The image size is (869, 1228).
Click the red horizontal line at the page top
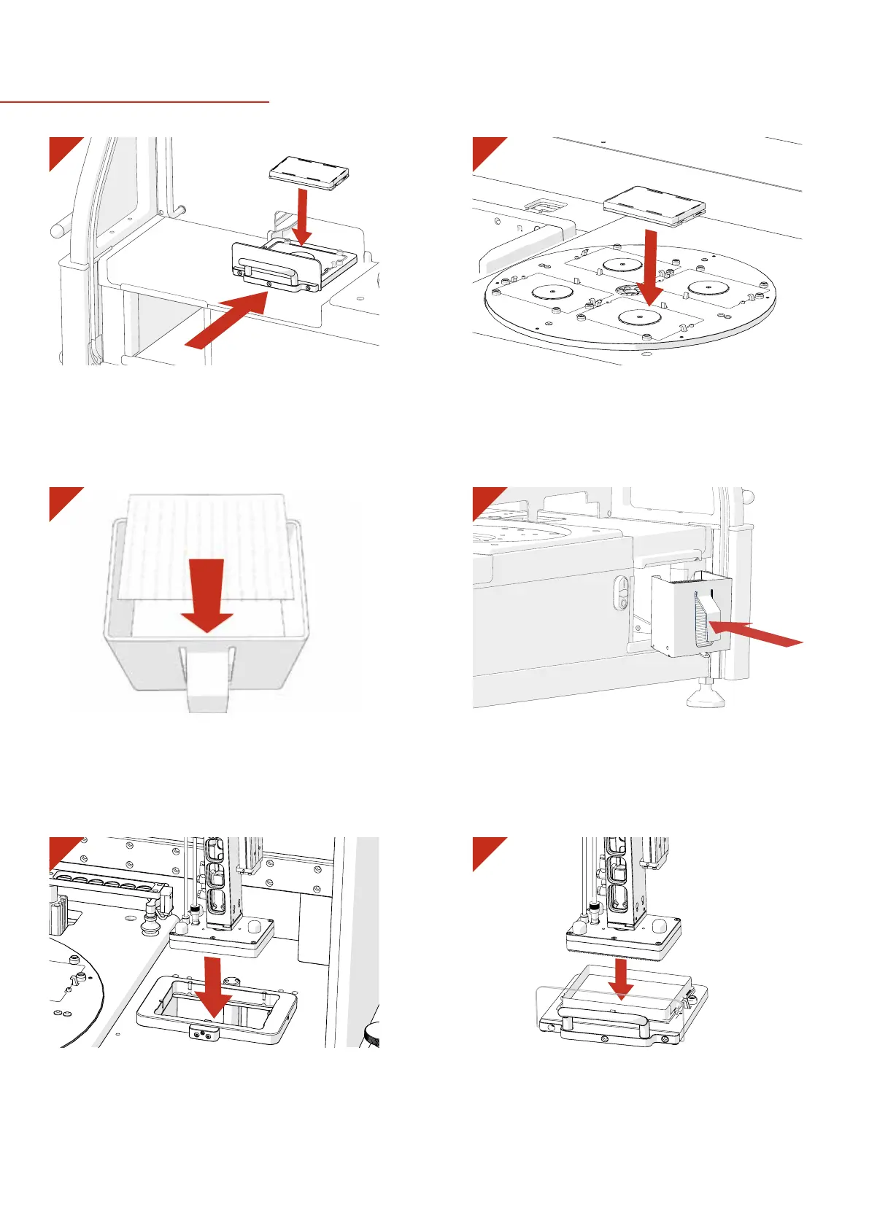point(135,102)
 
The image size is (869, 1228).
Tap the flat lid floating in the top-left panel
point(309,174)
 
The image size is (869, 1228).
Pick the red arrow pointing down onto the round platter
point(648,267)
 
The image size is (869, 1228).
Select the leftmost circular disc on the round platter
point(552,292)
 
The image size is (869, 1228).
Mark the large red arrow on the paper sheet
point(207,594)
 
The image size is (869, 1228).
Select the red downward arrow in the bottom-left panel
point(213,989)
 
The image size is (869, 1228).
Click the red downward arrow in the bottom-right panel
point(621,978)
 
